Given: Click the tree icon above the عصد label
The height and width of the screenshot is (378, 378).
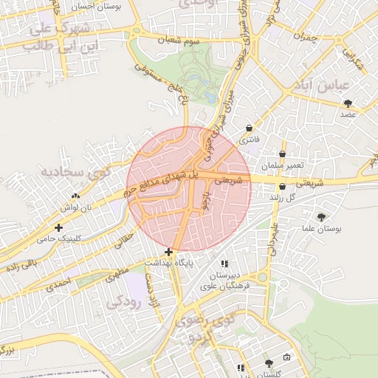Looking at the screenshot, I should (x=348, y=103).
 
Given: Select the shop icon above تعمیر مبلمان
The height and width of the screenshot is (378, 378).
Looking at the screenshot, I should (x=282, y=154).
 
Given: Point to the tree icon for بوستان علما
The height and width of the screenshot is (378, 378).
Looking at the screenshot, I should (x=321, y=217).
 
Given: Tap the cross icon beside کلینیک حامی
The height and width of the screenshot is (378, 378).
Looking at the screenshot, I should (x=58, y=227).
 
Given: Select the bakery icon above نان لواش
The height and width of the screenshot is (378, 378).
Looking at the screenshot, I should (x=75, y=196).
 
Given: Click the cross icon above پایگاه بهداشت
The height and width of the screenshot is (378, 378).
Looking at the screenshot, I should (x=169, y=252).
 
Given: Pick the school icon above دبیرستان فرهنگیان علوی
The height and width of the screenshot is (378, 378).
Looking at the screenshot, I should (x=224, y=264).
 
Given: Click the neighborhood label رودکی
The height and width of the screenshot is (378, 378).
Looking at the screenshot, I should (x=122, y=302).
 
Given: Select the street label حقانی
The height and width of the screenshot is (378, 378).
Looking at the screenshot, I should (x=126, y=238).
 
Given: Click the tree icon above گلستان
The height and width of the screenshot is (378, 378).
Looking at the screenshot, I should (x=269, y=363).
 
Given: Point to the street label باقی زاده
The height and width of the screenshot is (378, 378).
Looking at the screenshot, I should (x=20, y=265).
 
